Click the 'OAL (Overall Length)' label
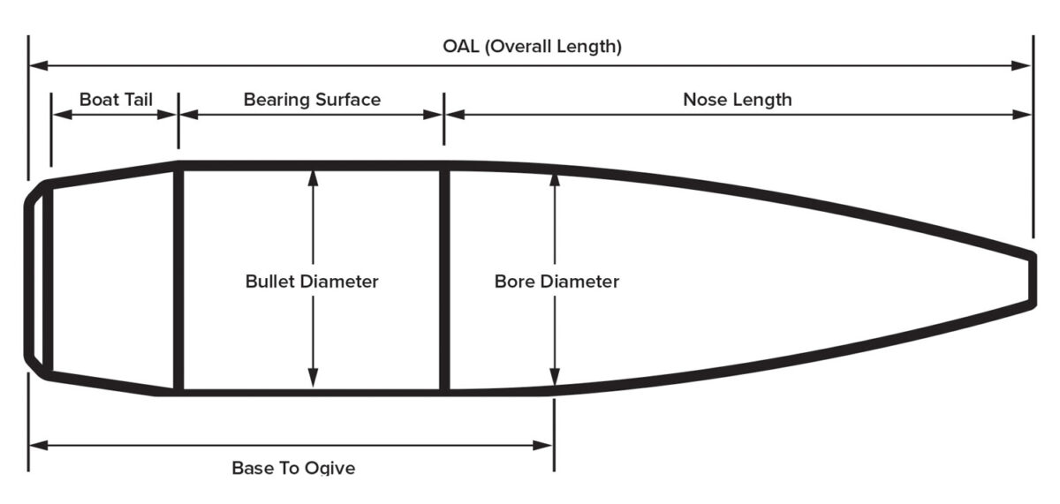[x=532, y=46]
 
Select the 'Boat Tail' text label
[x=116, y=99]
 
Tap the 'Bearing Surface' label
[x=312, y=99]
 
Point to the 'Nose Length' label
[x=738, y=99]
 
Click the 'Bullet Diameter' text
[x=312, y=282]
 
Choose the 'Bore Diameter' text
[x=556, y=282]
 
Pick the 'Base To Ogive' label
[x=293, y=468]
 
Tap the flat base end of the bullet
[x=28, y=279]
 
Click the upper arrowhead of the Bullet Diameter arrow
[x=312, y=177]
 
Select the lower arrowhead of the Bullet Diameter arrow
[x=312, y=380]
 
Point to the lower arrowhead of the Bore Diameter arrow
[x=554, y=380]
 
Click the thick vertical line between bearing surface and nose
[x=444, y=279]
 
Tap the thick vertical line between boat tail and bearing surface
[x=178, y=279]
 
